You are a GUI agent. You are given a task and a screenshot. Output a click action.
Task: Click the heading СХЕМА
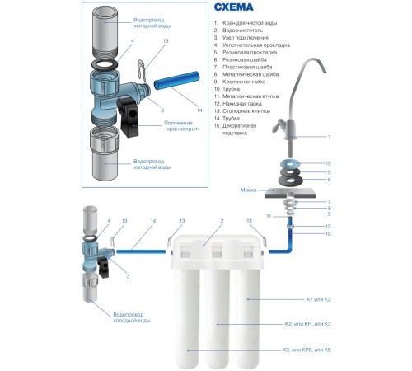[233, 7]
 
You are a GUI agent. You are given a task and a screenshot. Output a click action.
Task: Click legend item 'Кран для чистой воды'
[250, 23]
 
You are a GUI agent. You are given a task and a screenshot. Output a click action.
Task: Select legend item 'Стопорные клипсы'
[246, 111]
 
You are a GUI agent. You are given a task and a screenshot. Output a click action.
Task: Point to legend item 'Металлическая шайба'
[250, 74]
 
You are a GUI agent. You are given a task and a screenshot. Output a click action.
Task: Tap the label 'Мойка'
[248, 190]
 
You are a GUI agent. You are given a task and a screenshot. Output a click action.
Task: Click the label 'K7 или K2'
[318, 299]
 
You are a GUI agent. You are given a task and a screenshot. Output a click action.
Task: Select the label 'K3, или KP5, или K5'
[307, 350]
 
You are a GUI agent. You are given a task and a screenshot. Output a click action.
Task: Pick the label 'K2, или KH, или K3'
[307, 324]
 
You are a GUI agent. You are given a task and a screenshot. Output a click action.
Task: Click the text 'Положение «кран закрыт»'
[182, 126]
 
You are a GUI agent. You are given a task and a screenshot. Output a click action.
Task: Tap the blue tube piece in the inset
[176, 81]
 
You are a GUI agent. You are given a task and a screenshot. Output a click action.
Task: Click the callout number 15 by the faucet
[328, 163]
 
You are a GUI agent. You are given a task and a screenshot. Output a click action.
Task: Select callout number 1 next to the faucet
[330, 137]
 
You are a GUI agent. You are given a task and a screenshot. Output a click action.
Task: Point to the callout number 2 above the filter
[222, 221]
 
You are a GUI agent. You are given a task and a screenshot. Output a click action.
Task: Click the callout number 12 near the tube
[328, 227]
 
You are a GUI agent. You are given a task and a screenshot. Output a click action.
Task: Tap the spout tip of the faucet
[325, 71]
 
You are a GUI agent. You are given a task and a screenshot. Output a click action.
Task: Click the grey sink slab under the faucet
[290, 193]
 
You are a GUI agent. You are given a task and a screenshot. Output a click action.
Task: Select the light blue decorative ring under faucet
[290, 164]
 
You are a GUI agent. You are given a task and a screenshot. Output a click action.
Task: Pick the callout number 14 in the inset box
[199, 110]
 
